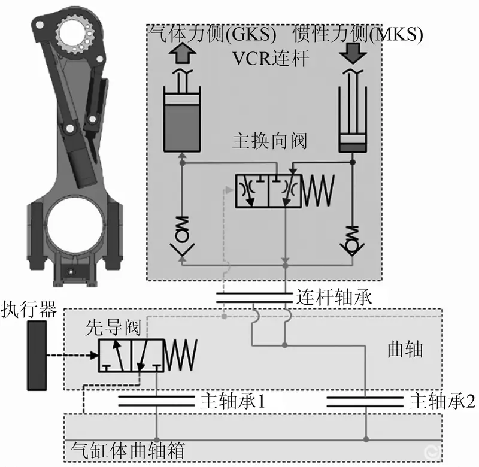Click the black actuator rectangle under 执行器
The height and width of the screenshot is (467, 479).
(37, 356)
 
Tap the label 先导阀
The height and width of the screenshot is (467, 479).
(113, 328)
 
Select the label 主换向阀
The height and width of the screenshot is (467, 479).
(270, 141)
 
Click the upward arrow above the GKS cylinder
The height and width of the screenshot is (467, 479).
(183, 53)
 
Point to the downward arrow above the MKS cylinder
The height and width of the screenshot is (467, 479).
(353, 53)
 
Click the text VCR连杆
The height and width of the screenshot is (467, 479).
(271, 58)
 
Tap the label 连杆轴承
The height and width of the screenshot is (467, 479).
(334, 297)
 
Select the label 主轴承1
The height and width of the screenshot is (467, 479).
(233, 401)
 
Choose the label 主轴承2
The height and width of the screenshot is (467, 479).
(442, 401)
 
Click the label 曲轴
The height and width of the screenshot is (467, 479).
(405, 350)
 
